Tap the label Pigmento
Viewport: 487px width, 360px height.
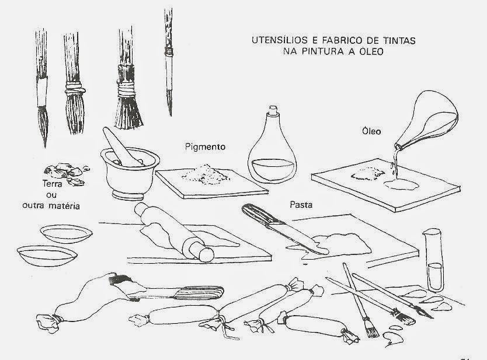coord(205,147)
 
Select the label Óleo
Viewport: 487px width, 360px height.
coord(371,131)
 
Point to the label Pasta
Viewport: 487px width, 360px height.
coord(301,205)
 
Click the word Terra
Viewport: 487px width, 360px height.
coord(52,184)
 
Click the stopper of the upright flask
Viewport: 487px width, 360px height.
coord(273,110)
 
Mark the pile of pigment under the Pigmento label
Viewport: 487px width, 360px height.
coord(206,174)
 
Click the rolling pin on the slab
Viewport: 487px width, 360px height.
coord(174,231)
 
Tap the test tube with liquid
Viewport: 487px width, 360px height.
coord(433,260)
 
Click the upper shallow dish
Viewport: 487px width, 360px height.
coord(66,233)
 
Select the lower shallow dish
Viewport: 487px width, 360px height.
coord(47,256)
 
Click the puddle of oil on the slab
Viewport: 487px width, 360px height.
coord(401,184)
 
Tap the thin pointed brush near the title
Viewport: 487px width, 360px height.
coord(169,62)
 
